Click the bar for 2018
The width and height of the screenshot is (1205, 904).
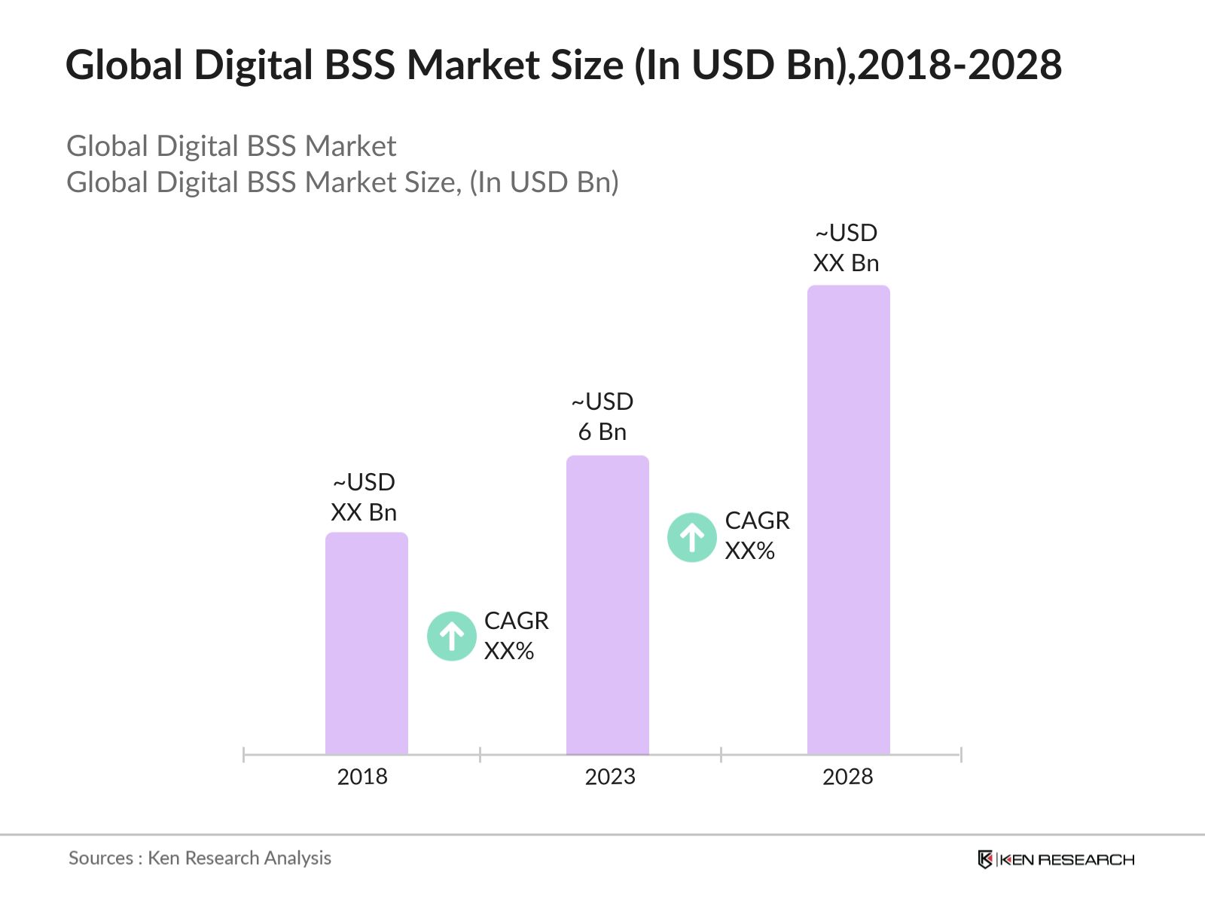click(x=366, y=644)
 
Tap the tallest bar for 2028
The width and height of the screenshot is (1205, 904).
click(x=848, y=520)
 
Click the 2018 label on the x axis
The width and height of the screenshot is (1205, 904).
click(x=362, y=777)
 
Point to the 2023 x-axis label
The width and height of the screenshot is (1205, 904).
click(x=610, y=777)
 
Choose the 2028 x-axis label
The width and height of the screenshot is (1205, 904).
click(x=847, y=777)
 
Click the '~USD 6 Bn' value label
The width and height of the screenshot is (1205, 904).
click(x=602, y=417)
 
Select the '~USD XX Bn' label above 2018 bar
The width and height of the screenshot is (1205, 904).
click(x=364, y=497)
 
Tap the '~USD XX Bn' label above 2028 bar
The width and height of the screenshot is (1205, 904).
click(x=846, y=248)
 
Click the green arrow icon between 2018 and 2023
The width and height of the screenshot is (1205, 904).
click(x=452, y=637)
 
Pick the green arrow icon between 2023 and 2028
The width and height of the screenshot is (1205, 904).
click(x=692, y=537)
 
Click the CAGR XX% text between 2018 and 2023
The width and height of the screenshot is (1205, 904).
click(x=516, y=636)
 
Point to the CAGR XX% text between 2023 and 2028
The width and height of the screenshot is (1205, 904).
click(x=757, y=536)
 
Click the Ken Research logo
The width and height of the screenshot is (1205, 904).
click(x=1056, y=860)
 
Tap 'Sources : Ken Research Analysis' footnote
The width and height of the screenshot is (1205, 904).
click(x=200, y=858)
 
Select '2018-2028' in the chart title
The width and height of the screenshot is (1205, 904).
click(x=959, y=65)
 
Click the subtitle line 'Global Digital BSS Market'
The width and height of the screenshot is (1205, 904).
click(x=231, y=146)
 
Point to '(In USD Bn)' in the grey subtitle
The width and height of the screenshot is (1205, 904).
click(x=544, y=182)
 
